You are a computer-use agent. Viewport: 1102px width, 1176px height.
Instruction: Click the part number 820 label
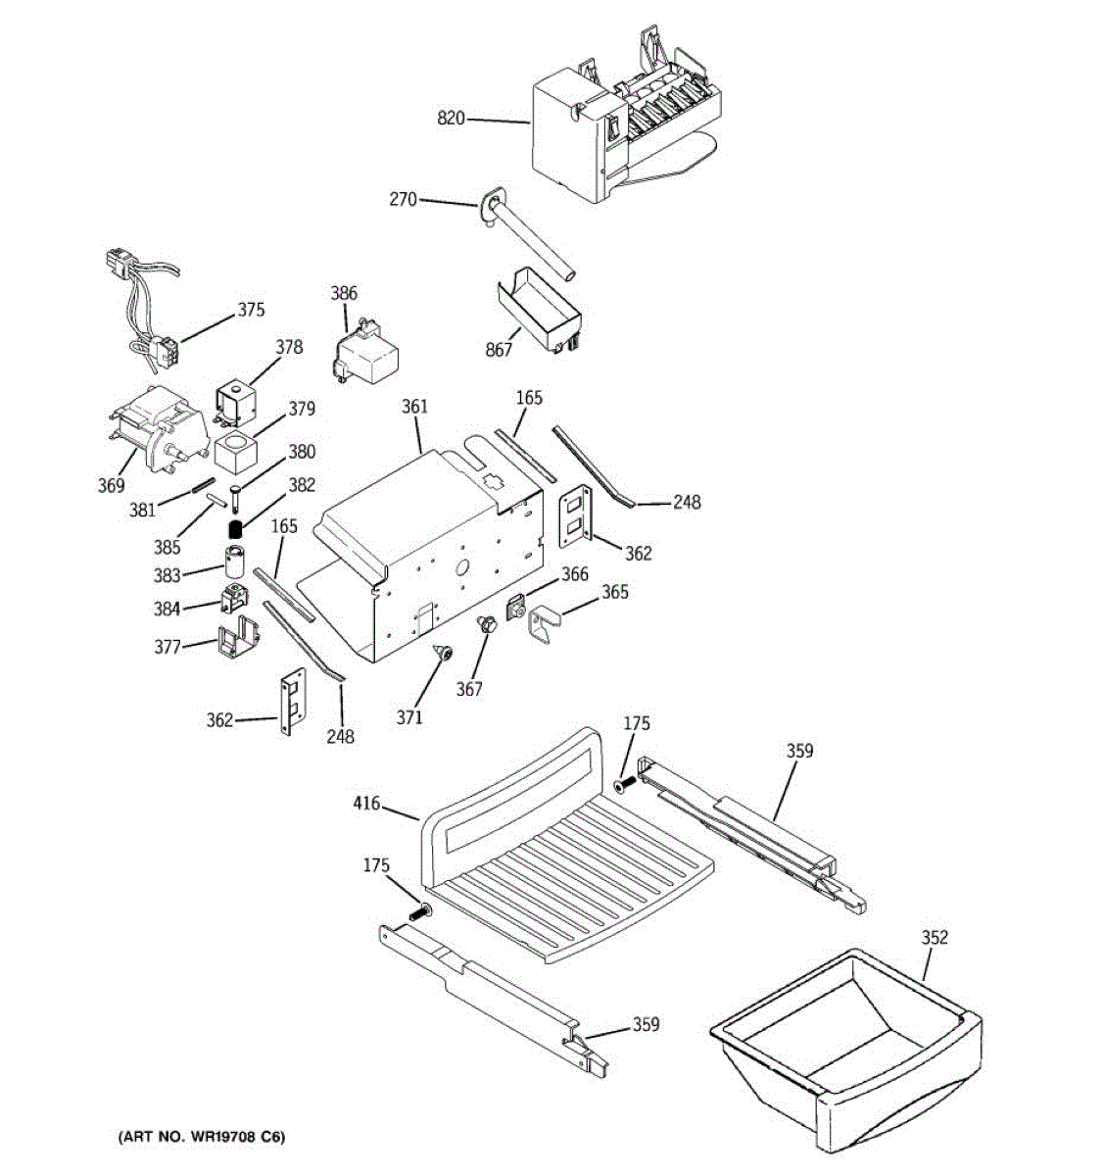click(x=451, y=120)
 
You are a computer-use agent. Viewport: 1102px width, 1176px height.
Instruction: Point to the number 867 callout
click(x=499, y=350)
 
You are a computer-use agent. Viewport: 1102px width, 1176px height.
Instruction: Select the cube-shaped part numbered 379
click(x=234, y=453)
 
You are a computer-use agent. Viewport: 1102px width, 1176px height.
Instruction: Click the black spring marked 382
click(x=235, y=530)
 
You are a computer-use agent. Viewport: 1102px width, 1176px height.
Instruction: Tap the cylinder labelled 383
click(x=234, y=563)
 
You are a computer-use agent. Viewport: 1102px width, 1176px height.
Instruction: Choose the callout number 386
click(x=344, y=293)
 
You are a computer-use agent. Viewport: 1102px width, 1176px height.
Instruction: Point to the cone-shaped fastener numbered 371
click(x=445, y=653)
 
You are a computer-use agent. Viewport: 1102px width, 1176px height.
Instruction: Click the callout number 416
click(x=366, y=806)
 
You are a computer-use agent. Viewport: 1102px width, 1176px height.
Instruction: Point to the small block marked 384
click(x=235, y=597)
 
